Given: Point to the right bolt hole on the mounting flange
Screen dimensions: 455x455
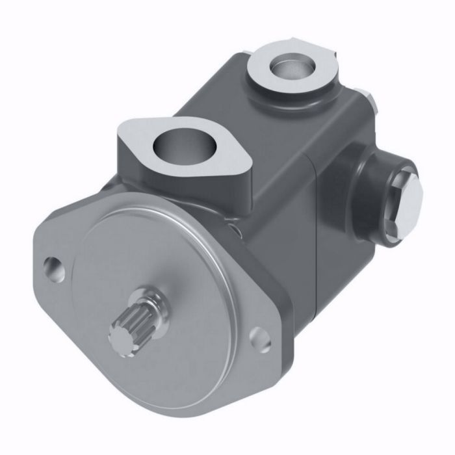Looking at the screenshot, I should pyautogui.click(x=259, y=339).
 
